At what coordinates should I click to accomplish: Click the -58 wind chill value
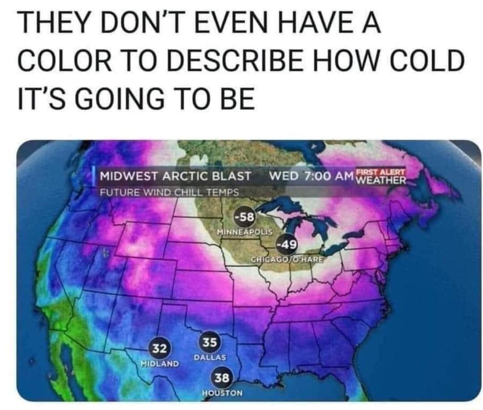click(x=244, y=218)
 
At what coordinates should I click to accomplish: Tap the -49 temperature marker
click(x=285, y=244)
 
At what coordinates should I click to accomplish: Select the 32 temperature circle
click(x=160, y=347)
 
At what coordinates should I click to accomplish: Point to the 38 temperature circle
click(x=222, y=378)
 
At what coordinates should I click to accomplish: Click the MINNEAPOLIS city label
click(x=244, y=232)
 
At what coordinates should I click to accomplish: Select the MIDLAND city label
click(x=160, y=362)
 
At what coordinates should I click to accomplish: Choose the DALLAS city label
click(x=210, y=358)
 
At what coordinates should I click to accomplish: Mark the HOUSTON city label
click(x=222, y=393)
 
